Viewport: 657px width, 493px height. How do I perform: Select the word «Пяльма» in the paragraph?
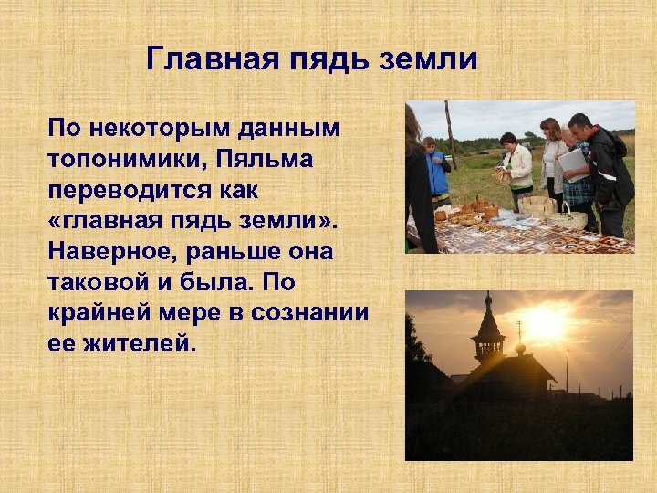click(266, 161)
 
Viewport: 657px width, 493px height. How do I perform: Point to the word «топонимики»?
click(129, 161)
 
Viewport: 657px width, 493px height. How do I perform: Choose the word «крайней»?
click(105, 313)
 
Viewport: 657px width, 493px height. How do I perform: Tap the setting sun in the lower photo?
click(546, 322)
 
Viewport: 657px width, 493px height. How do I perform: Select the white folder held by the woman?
click(573, 163)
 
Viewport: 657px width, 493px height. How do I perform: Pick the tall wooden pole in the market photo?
click(451, 132)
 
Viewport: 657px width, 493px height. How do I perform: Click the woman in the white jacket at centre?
click(518, 169)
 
